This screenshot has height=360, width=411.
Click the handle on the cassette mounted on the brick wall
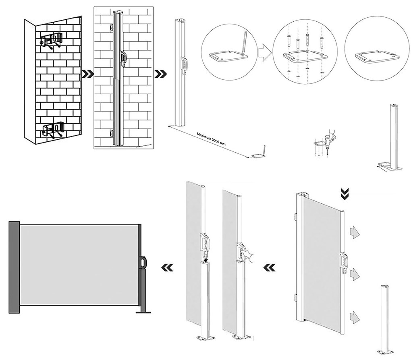[124, 58]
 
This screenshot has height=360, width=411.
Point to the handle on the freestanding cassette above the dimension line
[184, 65]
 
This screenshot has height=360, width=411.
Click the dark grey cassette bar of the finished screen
[14, 267]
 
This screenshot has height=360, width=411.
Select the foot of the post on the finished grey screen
[143, 311]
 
